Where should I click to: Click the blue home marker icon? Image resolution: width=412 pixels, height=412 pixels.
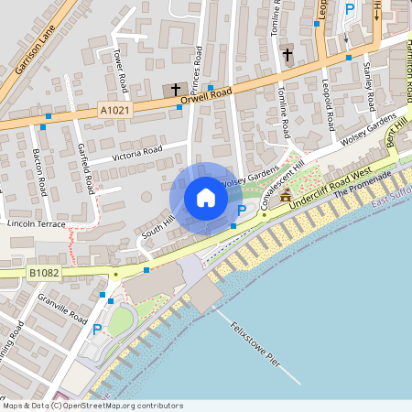pos(206,198)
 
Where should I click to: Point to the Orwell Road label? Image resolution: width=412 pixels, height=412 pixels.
pos(210,94)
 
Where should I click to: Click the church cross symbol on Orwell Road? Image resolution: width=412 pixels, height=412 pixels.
pos(177,89)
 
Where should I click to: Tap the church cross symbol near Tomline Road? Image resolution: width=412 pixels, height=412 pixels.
pos(287,54)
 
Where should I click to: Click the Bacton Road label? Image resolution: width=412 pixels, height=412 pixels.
pos(41,172)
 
